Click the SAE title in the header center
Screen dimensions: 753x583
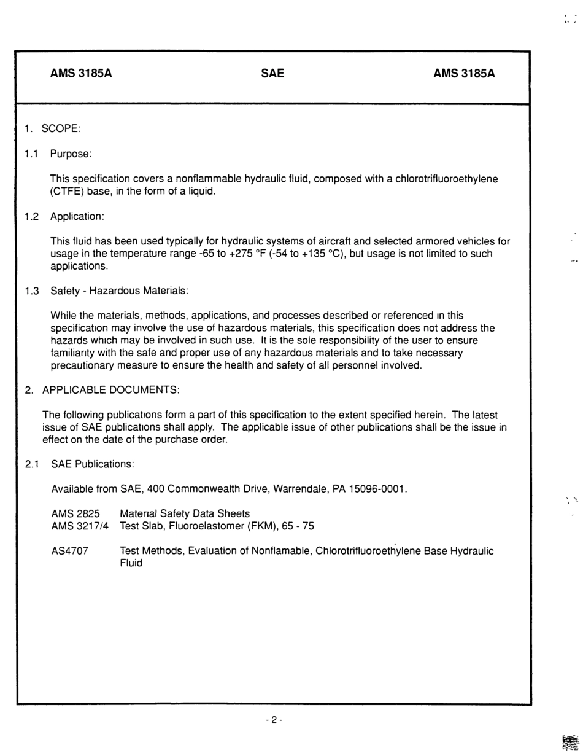click(x=272, y=74)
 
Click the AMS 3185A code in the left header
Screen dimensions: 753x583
click(x=81, y=74)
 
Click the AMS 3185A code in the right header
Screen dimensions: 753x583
click(x=464, y=74)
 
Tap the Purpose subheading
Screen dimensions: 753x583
click(x=71, y=154)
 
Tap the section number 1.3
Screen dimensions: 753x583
click(x=32, y=291)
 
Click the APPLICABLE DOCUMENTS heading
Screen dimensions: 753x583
click(x=110, y=390)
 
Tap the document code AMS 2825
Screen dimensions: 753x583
click(x=75, y=513)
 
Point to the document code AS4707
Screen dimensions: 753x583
click(x=70, y=551)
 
